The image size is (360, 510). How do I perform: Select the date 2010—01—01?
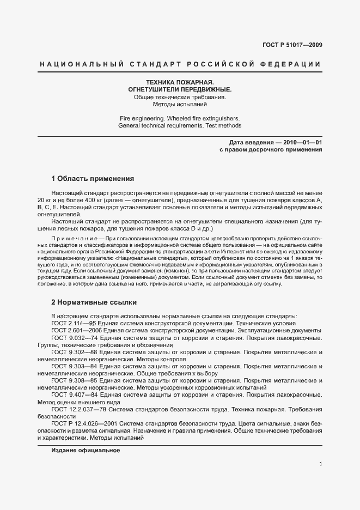(x=300, y=142)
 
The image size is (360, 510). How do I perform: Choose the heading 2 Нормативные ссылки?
(x=94, y=302)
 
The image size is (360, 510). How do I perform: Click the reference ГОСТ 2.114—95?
(x=74, y=323)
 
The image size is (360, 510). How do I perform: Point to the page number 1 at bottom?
(x=320, y=464)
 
